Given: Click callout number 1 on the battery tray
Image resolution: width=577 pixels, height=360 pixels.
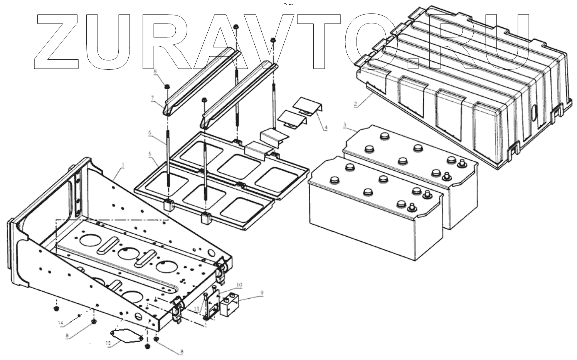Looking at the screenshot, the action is [x=123, y=165].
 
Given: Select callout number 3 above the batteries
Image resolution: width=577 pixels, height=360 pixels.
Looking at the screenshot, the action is [x=345, y=125].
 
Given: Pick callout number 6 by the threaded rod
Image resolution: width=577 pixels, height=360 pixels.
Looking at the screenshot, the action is [x=150, y=132].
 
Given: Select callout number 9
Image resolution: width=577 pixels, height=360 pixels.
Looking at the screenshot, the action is [x=262, y=293].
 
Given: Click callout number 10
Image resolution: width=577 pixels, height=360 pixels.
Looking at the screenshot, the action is [x=239, y=285].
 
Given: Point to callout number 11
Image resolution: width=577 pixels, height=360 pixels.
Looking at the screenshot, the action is [x=197, y=309].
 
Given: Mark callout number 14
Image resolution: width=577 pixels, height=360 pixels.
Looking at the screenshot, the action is [x=60, y=322].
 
